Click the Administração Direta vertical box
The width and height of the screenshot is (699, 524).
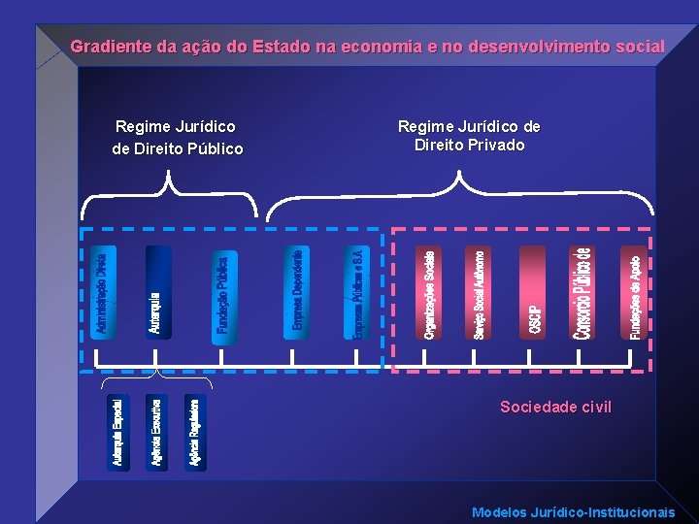pos(102,293)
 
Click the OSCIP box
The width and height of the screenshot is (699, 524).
pos(533,293)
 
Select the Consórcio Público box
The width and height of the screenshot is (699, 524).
pos(582,293)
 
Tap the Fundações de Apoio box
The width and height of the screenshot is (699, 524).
pos(633,293)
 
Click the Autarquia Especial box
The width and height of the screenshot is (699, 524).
pos(117,433)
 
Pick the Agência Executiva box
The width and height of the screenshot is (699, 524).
pos(156,433)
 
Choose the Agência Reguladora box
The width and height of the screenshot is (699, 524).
pos(195,433)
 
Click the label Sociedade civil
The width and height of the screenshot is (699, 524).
pos(555,407)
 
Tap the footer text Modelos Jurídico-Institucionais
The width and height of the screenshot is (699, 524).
pos(573,512)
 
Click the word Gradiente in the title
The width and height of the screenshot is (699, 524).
pos(110,46)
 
